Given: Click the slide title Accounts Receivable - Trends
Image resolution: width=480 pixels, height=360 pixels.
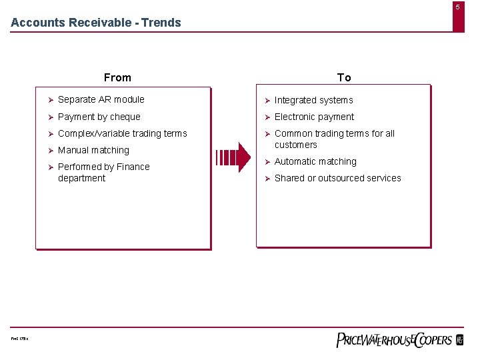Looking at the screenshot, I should coord(96,23).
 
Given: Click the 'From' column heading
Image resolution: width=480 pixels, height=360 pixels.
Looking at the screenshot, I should coord(117,77).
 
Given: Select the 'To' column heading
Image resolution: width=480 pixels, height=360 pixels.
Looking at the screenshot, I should coord(344,77).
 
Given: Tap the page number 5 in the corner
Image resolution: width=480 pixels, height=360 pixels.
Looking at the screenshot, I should coord(458,6).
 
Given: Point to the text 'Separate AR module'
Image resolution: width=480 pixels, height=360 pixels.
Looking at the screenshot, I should coord(101,99).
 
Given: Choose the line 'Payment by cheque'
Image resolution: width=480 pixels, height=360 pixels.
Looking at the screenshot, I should coord(99,117).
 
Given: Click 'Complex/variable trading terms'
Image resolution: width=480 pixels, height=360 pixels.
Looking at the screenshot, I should coord(123,133).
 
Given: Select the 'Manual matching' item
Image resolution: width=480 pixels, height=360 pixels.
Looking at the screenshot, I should coord(94,150).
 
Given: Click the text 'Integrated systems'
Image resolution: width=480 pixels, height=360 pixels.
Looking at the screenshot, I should coord(314,100).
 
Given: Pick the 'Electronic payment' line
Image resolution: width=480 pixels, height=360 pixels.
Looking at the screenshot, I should coord(315,117).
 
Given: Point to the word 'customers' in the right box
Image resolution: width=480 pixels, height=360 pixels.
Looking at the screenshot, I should coord(296,145).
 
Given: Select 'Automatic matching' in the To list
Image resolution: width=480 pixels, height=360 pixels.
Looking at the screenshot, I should coord(315,161).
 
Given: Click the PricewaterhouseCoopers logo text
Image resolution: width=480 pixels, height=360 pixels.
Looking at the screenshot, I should coord(394,340).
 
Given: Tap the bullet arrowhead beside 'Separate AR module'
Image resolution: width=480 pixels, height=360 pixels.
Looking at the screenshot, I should coord(50,100).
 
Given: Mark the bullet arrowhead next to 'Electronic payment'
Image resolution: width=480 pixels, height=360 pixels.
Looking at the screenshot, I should coord(267,117).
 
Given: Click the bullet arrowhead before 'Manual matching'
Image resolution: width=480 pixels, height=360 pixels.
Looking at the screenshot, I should coord(50,151).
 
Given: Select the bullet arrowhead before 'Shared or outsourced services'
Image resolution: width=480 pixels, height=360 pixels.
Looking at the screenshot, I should coord(267,179).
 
